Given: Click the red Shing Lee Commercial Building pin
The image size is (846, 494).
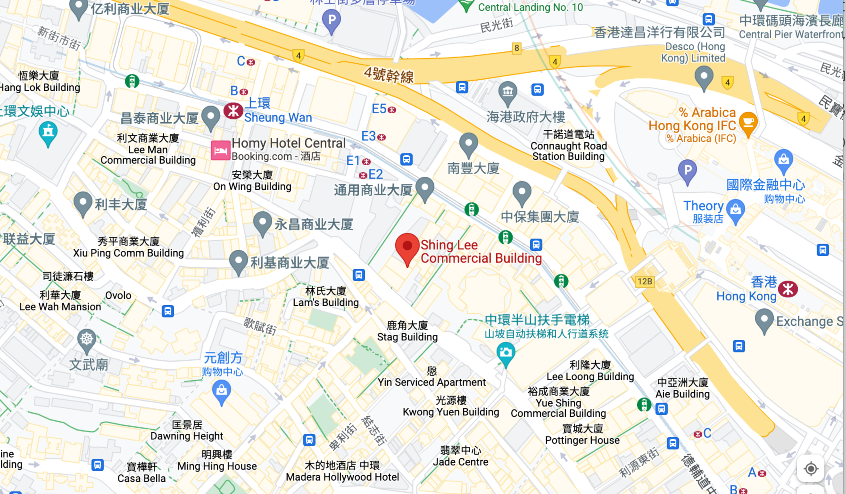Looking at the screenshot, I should (407, 247).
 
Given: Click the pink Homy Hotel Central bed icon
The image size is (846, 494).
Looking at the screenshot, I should (220, 150).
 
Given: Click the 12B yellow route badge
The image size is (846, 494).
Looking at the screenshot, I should (645, 281).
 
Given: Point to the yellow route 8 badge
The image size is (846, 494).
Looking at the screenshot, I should (517, 48).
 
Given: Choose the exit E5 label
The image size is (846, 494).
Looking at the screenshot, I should (379, 109).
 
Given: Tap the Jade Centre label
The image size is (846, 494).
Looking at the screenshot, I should (460, 456).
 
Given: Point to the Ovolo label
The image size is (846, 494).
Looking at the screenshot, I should (118, 295).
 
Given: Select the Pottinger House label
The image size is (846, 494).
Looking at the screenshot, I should (582, 435).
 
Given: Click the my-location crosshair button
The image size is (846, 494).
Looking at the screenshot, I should (811, 469).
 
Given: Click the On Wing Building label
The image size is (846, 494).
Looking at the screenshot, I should (252, 181).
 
